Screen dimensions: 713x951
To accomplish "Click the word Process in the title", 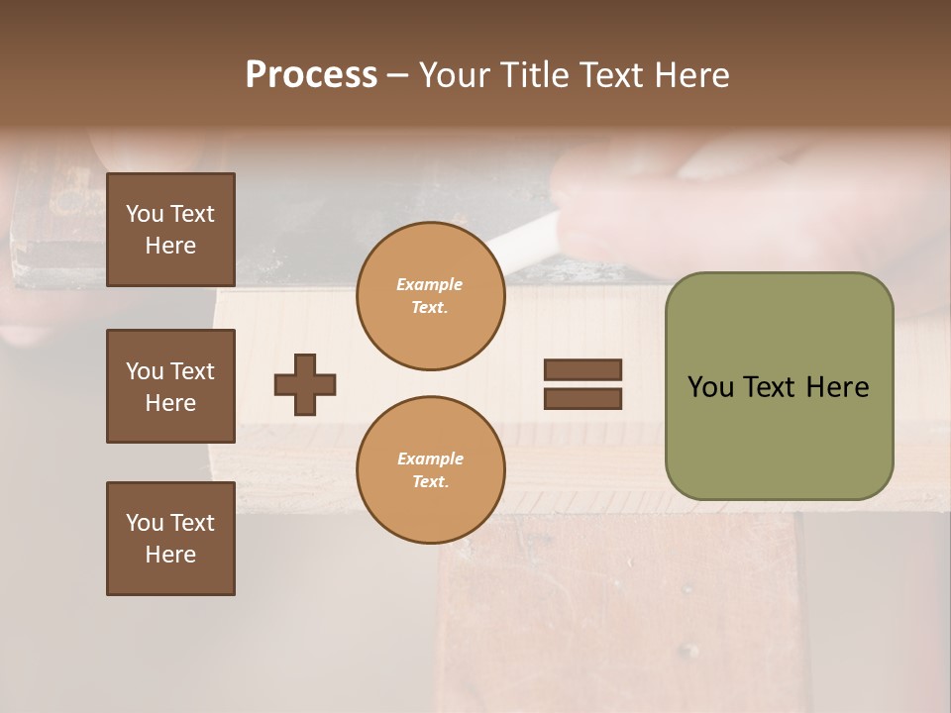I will pos(311,75).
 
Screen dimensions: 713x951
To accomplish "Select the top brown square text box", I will pos(170,230).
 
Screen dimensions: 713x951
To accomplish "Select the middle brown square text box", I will pos(170,386).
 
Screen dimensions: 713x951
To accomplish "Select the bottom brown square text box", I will pos(170,539).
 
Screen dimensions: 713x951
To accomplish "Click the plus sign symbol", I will pos(305,384).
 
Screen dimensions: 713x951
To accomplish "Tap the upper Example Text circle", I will pos(430,296).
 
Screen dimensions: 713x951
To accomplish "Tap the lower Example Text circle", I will pos(430,470).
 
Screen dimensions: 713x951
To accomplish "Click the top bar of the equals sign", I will pos(582,369).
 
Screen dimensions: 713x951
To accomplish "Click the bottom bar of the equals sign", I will pos(582,399).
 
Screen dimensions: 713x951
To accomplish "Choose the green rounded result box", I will pos(779,386).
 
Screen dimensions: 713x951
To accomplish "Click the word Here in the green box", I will pos(838,387).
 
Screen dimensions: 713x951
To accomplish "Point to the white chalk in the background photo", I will pos(524,239).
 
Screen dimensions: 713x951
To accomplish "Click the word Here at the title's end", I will pos(690,75).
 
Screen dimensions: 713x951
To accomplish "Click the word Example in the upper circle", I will pos(430,284).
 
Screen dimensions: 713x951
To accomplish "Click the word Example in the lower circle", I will pos(430,458).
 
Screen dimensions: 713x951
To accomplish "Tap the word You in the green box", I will pos(711,387).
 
